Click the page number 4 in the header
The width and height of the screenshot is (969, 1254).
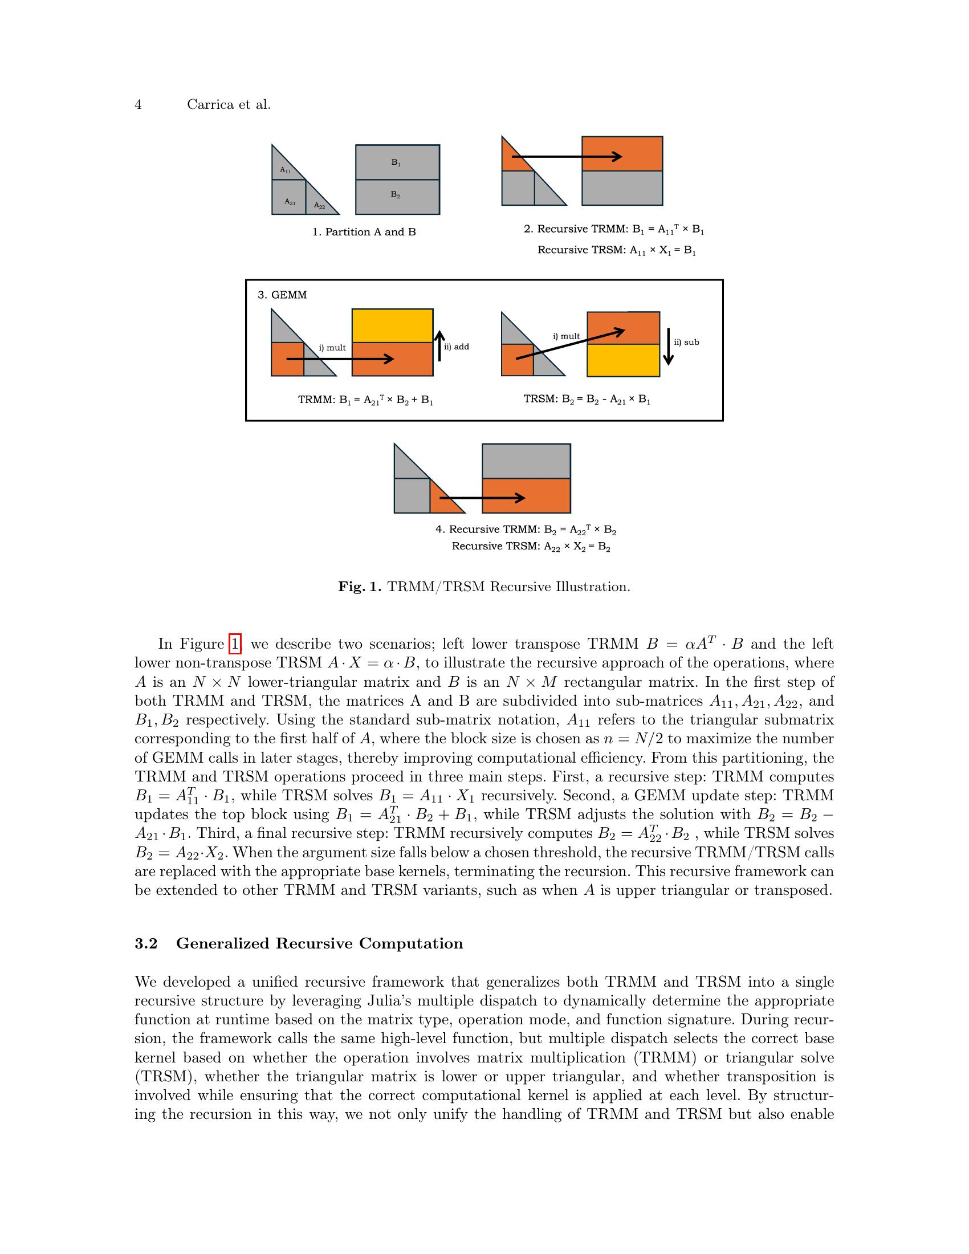click(138, 104)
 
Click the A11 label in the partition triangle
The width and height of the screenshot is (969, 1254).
click(286, 170)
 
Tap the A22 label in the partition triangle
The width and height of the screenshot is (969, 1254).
click(320, 206)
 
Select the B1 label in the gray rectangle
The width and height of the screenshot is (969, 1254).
click(396, 162)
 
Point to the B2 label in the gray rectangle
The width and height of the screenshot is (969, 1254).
click(396, 194)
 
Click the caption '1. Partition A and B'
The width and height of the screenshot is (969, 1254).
click(364, 232)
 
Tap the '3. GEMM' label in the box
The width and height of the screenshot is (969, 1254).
click(282, 295)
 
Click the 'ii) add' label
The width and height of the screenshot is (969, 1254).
click(457, 347)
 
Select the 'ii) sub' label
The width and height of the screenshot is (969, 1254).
click(687, 342)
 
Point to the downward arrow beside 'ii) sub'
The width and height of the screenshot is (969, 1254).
click(668, 346)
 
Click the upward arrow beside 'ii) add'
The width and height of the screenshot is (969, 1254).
click(439, 345)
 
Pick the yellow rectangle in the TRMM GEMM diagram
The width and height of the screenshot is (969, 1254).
click(392, 325)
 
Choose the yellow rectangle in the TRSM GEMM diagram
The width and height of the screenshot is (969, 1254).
click(623, 360)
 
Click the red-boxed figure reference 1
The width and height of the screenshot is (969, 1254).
click(235, 644)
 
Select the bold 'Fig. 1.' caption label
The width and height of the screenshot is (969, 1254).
click(359, 587)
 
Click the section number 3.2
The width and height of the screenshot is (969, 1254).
click(146, 943)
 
